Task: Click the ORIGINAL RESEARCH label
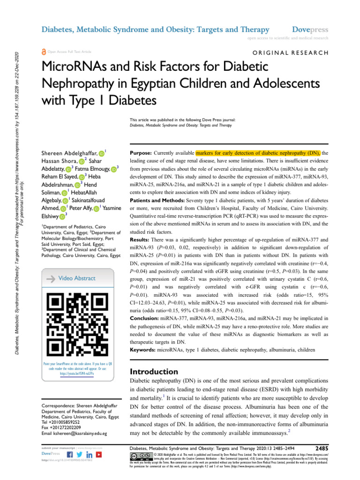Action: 291,53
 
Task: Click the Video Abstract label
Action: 77,278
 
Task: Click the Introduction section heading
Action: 155,371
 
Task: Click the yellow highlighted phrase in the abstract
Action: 259,153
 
